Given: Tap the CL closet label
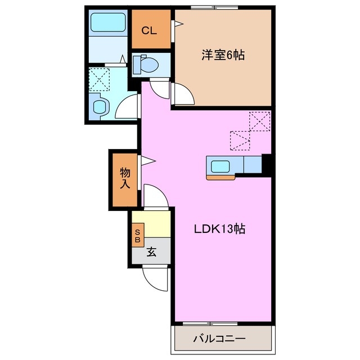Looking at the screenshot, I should pos(149,30).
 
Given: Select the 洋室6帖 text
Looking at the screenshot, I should pos(223,55).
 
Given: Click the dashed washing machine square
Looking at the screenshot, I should pos(101,79).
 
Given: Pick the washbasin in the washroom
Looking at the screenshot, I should pos(101,106).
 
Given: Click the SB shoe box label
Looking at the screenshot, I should pos(137,234).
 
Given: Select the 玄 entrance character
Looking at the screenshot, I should pos(151,252).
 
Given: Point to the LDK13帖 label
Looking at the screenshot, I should pos(219,229).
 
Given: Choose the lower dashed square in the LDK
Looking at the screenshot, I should pos(240,140).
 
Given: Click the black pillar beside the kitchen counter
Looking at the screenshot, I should pos(267,165).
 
